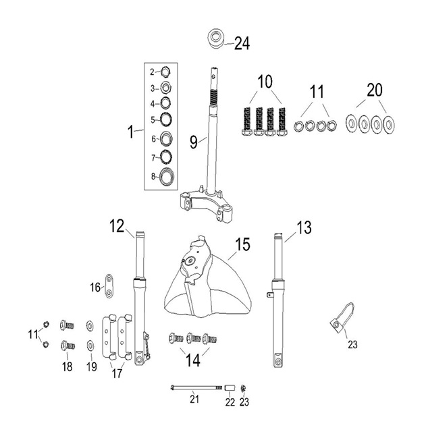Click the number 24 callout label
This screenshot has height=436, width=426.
point(242,44)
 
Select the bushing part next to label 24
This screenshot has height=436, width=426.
point(216,38)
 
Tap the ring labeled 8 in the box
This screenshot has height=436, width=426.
point(166,176)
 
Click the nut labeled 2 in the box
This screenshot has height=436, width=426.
point(165,72)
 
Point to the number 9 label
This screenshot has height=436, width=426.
point(194,142)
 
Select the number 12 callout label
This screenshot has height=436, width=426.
point(117,226)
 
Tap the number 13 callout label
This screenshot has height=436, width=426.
point(304,227)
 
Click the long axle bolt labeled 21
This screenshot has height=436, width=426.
point(196,387)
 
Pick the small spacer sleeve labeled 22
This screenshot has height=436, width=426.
point(230,387)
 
